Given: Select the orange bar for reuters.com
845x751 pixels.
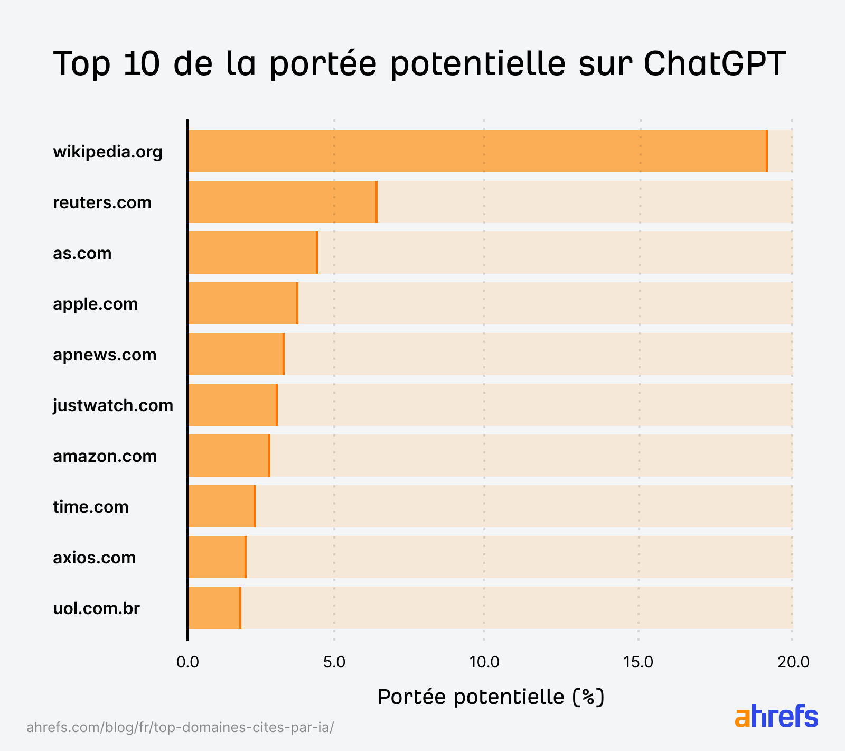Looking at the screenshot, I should tap(282, 202).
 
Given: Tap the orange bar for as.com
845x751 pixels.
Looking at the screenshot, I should tap(252, 253).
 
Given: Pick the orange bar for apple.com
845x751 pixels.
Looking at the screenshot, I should tap(242, 303).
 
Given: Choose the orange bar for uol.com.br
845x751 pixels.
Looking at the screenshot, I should tap(214, 608).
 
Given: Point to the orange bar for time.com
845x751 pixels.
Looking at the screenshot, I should tap(221, 506).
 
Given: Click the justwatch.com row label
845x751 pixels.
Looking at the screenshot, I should tap(113, 405).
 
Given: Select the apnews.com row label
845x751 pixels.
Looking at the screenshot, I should tap(105, 355).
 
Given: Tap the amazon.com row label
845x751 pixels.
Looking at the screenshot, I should tap(105, 456).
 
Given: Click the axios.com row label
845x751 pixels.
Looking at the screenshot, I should tap(94, 558).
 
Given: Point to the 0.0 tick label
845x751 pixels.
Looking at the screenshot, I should tap(187, 662).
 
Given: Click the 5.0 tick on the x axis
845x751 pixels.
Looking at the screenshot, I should tap(334, 662).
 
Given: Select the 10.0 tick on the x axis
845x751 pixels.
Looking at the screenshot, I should tap(484, 662).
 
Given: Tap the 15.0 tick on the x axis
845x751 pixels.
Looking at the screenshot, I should tap(639, 662).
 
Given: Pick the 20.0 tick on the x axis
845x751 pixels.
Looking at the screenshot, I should tap(793, 662).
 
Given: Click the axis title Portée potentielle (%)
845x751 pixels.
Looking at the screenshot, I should tap(491, 697).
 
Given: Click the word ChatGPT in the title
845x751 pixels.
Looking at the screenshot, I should tap(715, 63).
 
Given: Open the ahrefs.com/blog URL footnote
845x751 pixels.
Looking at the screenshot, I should tap(180, 727).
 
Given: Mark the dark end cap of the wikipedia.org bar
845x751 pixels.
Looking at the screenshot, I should tap(767, 151).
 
